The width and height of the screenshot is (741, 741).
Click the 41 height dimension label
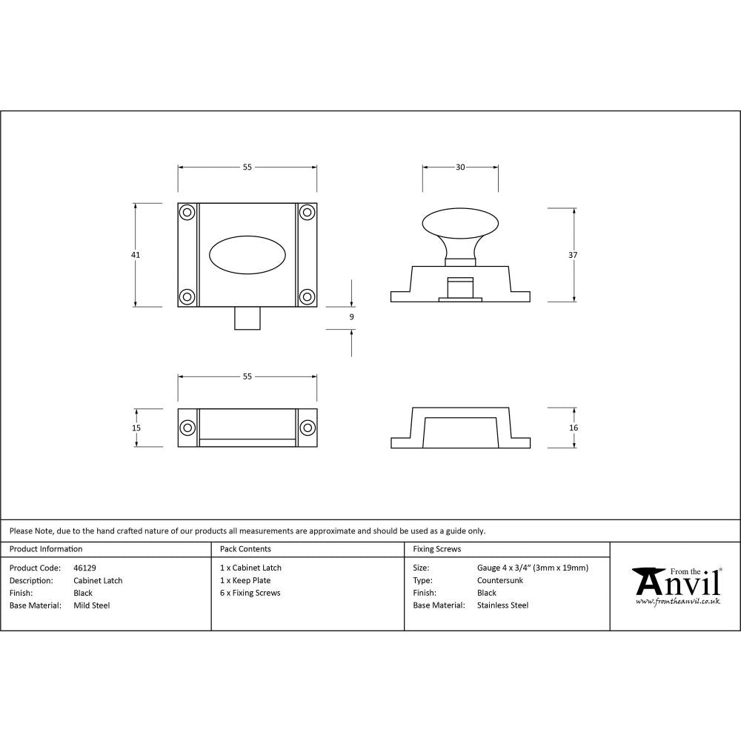(x=136, y=255)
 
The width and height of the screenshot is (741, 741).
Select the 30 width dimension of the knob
(x=460, y=167)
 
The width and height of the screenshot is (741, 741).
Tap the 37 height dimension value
(x=574, y=255)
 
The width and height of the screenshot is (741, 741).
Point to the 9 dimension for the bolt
(x=351, y=317)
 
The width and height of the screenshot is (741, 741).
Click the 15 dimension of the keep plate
(x=136, y=428)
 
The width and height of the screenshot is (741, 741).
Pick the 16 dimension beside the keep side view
(x=574, y=428)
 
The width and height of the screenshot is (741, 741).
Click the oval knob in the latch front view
(x=247, y=255)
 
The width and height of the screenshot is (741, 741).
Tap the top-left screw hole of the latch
(x=187, y=213)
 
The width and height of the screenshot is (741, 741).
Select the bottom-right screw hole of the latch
(x=307, y=297)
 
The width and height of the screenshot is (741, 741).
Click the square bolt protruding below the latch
(x=247, y=318)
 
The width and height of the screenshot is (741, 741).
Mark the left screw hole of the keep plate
(x=187, y=428)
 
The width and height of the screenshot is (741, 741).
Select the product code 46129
(x=84, y=568)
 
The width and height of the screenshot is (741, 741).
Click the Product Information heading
(x=46, y=549)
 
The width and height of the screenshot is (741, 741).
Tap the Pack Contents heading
(x=245, y=549)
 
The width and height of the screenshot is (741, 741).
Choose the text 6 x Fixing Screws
(x=250, y=593)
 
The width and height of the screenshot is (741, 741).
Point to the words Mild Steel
(x=92, y=605)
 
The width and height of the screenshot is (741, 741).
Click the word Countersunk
(x=500, y=580)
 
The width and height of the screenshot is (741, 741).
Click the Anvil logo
(x=675, y=585)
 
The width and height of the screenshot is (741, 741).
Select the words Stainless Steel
(x=502, y=605)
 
